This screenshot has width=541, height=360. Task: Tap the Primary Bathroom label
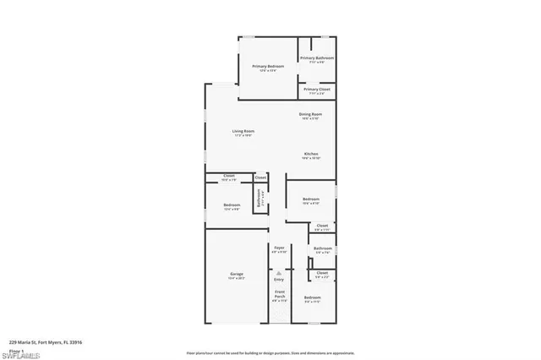click(x=316, y=58)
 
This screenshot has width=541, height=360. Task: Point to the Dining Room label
click(x=310, y=114)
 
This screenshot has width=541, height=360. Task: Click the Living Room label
click(x=243, y=131)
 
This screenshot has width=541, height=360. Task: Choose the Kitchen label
click(x=311, y=154)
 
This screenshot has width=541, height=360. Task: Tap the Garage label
click(x=237, y=275)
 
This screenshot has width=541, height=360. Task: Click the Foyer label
click(x=279, y=248)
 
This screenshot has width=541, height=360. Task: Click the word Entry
click(x=279, y=279)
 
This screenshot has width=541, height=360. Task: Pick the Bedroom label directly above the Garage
click(x=232, y=205)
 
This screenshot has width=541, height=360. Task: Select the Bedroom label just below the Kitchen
click(x=311, y=199)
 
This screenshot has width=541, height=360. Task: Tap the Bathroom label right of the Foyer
click(x=322, y=248)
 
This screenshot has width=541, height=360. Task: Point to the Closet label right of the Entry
click(x=322, y=273)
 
